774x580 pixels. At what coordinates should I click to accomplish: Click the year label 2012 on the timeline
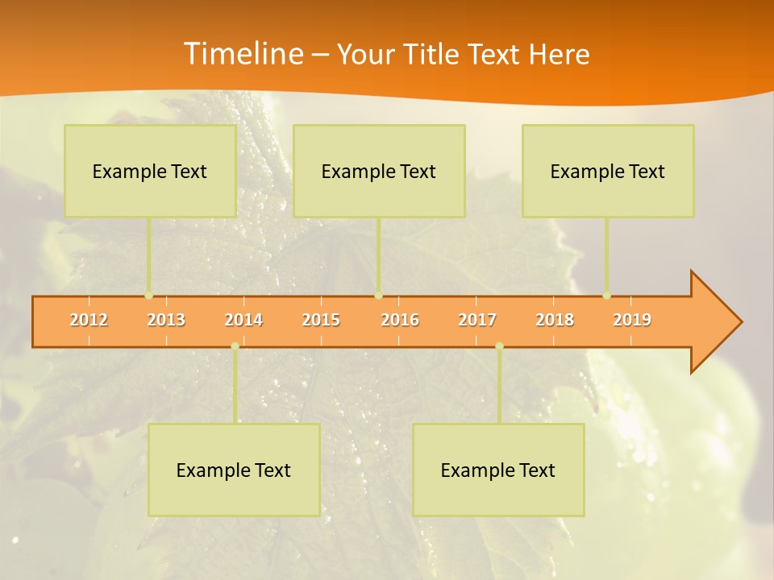click(x=89, y=320)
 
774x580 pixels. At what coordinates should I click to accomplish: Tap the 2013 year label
click(x=166, y=320)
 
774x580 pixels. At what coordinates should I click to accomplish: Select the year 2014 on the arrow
click(x=243, y=320)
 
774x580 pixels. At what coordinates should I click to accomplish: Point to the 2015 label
click(x=321, y=320)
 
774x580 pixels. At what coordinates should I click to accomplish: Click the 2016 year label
click(x=400, y=320)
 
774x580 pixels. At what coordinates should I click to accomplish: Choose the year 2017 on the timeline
click(x=477, y=320)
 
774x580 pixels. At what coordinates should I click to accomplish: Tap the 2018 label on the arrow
click(x=555, y=320)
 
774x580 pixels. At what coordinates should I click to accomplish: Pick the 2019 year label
click(x=632, y=320)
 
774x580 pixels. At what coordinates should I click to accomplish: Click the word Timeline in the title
click(x=242, y=54)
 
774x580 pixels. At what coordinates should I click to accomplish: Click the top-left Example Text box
click(x=150, y=171)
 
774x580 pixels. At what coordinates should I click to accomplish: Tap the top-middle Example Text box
click(x=379, y=171)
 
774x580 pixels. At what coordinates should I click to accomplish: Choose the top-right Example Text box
click(x=608, y=171)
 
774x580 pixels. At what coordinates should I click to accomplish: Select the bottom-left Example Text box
click(x=234, y=470)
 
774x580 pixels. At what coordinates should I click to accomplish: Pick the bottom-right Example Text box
click(x=498, y=470)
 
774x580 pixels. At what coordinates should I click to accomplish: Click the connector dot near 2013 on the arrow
click(x=149, y=295)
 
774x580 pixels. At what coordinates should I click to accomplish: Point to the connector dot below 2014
click(x=235, y=346)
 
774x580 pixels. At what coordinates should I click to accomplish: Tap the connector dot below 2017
click(x=499, y=346)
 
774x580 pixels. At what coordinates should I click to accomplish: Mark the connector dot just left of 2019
click(x=606, y=295)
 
